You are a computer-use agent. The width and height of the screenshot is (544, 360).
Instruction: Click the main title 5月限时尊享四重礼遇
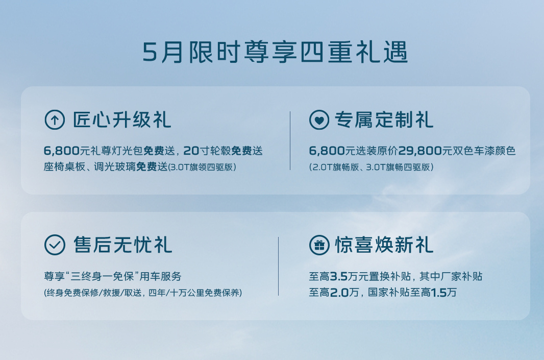pyautogui.click(x=275, y=53)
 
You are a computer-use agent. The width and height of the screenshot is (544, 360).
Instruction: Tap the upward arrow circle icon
pyautogui.click(x=55, y=120)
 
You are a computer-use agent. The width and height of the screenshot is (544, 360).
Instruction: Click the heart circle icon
pyautogui.click(x=319, y=120)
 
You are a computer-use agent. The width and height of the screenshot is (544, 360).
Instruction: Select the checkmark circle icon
pyautogui.click(x=55, y=245)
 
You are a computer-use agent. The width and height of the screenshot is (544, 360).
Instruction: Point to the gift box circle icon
pyautogui.click(x=319, y=245)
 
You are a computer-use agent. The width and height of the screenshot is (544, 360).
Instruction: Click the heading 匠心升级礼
pyautogui.click(x=122, y=120)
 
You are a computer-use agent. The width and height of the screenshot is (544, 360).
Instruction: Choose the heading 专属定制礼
pyautogui.click(x=384, y=120)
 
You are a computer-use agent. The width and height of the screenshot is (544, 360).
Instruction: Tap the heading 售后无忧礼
pyautogui.click(x=122, y=245)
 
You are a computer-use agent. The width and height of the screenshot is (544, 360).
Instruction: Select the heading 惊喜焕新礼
pyautogui.click(x=384, y=245)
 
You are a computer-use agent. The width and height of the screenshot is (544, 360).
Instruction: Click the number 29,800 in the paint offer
pyautogui.click(x=420, y=151)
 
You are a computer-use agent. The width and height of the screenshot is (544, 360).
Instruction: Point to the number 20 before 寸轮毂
pyautogui.click(x=191, y=151)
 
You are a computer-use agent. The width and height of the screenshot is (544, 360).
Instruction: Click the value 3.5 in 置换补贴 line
pyautogui.click(x=339, y=276)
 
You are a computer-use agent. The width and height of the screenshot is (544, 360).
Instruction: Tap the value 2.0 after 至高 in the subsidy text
pyautogui.click(x=339, y=292)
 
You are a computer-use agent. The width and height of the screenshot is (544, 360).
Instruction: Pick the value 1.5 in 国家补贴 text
pyautogui.click(x=438, y=292)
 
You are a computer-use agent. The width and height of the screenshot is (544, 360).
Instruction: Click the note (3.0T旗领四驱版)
pyautogui.click(x=202, y=167)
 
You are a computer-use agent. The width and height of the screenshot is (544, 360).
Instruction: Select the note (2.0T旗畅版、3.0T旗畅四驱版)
pyautogui.click(x=371, y=167)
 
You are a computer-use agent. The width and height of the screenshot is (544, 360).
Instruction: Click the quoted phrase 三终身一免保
pyautogui.click(x=102, y=276)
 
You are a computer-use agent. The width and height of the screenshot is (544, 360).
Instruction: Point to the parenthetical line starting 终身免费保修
pyautogui.click(x=143, y=293)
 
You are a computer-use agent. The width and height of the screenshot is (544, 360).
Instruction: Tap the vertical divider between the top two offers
pyautogui.click(x=290, y=140)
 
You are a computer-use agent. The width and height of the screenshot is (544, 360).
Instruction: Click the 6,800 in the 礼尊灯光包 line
pyautogui.click(x=62, y=151)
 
